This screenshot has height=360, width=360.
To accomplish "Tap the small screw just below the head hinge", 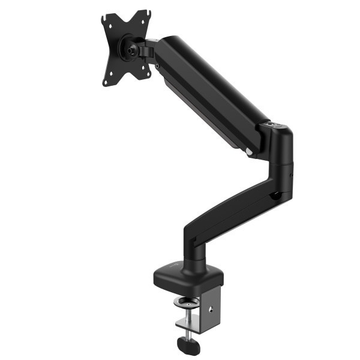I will click(x=157, y=65).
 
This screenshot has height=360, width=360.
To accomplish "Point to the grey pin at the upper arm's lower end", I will click(x=249, y=152).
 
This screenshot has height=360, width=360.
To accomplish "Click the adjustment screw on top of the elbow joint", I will click(x=275, y=126).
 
